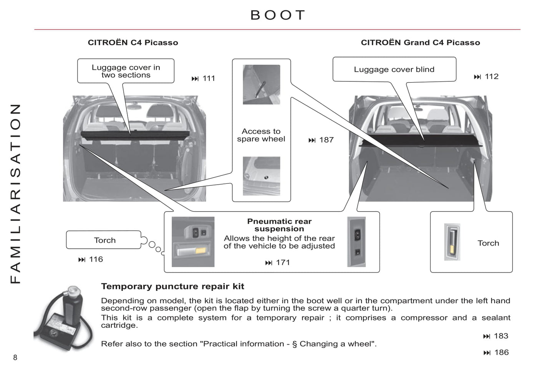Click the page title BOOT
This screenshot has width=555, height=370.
pos(278,15)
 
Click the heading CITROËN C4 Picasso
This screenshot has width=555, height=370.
pos(133,43)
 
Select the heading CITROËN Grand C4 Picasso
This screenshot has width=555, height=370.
pos(420,43)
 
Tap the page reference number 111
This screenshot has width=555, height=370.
pos(209,79)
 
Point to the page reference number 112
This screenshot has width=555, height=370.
pos(491,77)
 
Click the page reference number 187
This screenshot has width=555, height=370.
pos(326,140)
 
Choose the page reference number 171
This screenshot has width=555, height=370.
pos(283,263)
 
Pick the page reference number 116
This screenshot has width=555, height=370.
pos(96,259)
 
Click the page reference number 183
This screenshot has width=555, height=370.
pos(501,336)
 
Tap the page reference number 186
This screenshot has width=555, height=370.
pos(501,352)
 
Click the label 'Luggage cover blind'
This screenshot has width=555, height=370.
pos(394,69)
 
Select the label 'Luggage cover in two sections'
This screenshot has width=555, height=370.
pos(126,71)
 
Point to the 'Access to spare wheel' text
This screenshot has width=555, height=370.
pos(261,135)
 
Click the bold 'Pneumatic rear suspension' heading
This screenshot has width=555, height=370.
pos(279,225)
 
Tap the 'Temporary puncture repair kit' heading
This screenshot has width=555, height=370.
pos(172,286)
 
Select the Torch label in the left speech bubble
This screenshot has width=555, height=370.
pos(104,240)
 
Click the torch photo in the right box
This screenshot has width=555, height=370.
pos(452,242)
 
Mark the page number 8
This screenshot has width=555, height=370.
pos(15,358)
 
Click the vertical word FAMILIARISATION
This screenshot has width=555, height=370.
pos(15,193)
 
